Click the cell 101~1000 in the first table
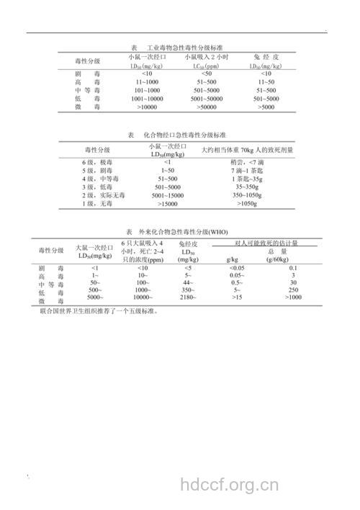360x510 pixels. tap(146, 91)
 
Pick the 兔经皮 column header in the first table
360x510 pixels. tap(266, 57)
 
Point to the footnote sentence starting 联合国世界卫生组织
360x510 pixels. tap(98, 313)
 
